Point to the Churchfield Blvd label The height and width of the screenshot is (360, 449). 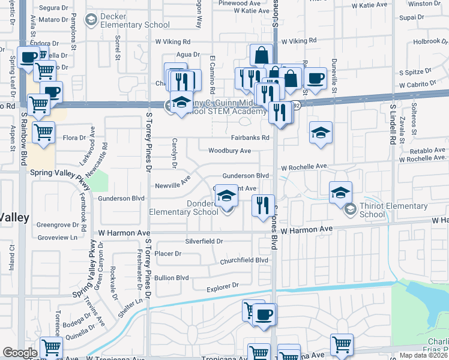(x=244, y=260)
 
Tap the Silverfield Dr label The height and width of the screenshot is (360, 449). (x=204, y=241)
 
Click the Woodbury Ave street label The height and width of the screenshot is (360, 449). (x=229, y=151)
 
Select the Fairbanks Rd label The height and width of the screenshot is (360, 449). (x=248, y=137)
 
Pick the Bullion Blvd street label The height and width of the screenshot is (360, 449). (x=172, y=278)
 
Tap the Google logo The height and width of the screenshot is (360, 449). (x=19, y=353)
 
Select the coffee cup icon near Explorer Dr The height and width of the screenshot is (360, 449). (x=264, y=314)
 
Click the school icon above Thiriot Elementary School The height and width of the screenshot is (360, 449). (x=340, y=192)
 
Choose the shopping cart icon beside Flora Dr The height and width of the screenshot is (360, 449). (x=43, y=132)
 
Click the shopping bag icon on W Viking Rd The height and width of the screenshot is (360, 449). (x=261, y=55)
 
